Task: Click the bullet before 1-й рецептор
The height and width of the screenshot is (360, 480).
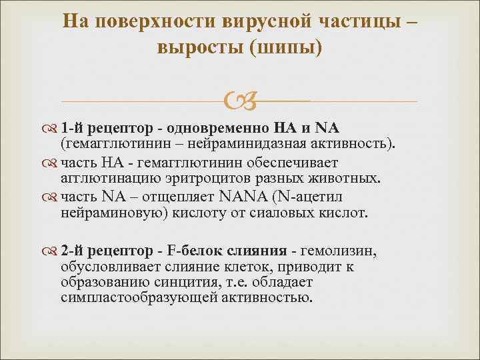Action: point(53,127)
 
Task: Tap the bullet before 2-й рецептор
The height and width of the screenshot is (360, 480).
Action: point(53,251)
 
